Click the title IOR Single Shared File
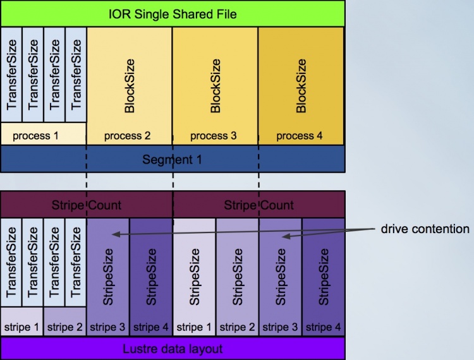(173, 13)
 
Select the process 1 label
(35, 135)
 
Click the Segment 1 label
(173, 159)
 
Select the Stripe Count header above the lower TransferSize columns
(87, 205)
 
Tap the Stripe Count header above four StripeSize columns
(258, 205)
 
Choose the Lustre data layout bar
(173, 348)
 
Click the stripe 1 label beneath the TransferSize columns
(22, 327)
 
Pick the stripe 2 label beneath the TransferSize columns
(65, 327)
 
